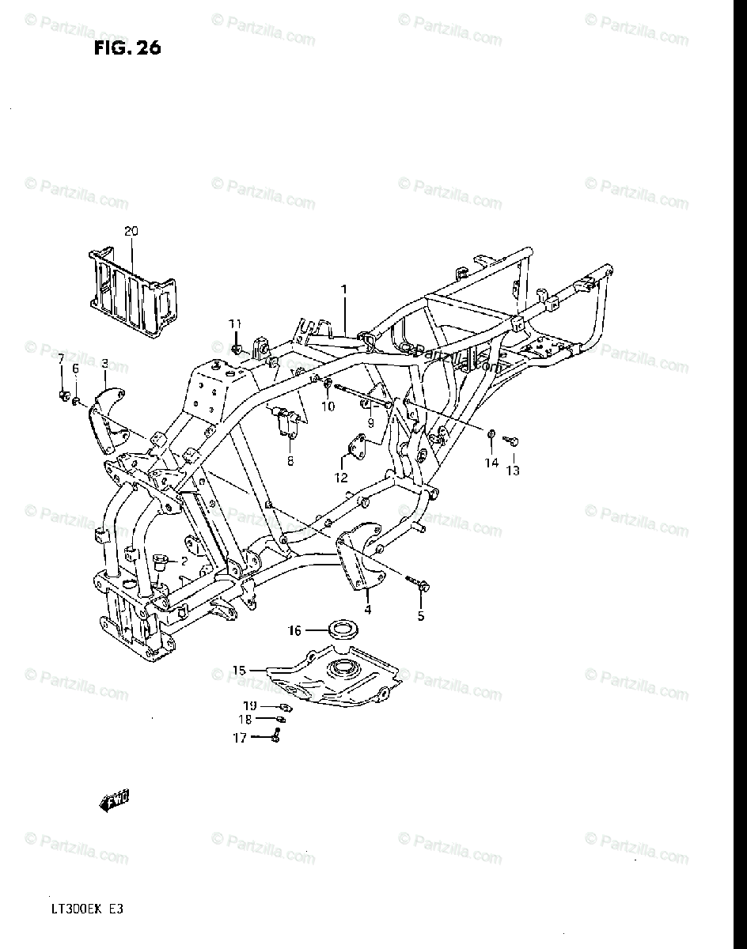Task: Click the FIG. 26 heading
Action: click(127, 48)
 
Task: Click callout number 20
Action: click(131, 231)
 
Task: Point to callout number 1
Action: click(344, 289)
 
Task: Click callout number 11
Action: click(235, 323)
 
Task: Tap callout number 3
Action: click(104, 363)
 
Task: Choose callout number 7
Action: click(61, 360)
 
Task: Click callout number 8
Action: click(290, 461)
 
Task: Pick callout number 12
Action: click(341, 478)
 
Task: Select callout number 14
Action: click(491, 463)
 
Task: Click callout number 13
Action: click(514, 471)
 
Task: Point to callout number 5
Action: click(420, 617)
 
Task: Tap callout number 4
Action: click(367, 609)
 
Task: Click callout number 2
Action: click(184, 561)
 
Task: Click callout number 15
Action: click(239, 671)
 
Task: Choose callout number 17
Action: click(239, 737)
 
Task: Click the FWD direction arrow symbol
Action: click(115, 802)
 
